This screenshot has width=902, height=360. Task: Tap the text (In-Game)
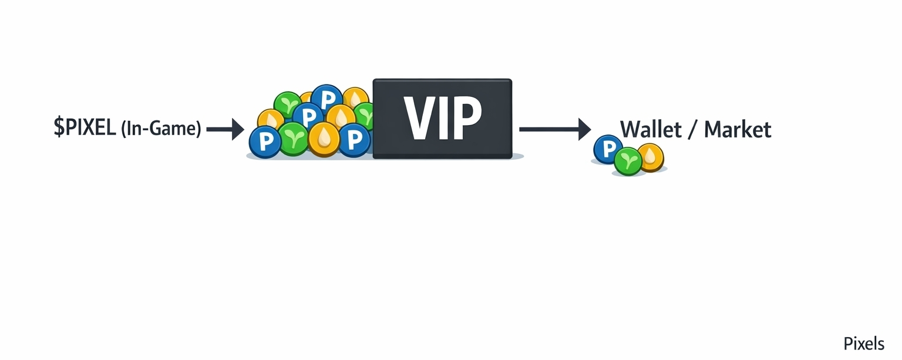160,129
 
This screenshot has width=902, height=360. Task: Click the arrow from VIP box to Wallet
554,129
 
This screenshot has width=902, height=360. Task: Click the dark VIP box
442,118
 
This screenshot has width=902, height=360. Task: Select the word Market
738,129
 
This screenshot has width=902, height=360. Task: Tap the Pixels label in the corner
863,344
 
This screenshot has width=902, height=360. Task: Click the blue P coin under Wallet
607,149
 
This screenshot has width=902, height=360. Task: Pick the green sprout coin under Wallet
628,162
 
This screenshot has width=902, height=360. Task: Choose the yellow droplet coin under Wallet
651,157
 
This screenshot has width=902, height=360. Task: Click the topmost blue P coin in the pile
327,97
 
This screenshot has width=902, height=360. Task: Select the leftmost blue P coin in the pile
265,142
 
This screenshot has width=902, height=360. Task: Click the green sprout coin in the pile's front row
293,139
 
